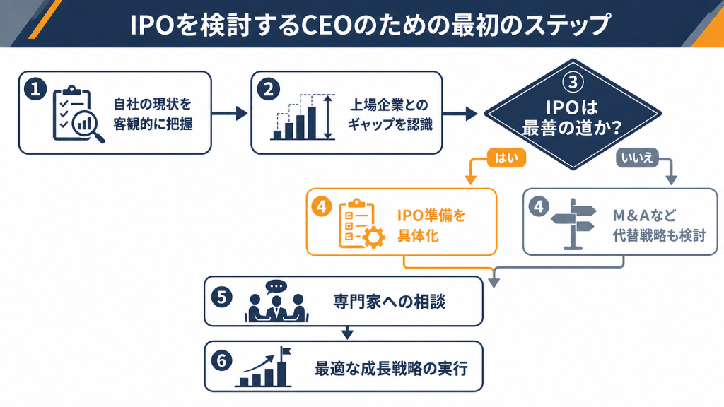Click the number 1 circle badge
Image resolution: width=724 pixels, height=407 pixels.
(x=35, y=88)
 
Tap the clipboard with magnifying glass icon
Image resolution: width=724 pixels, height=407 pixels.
(x=78, y=114)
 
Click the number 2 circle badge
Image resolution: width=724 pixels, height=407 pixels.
(x=268, y=89)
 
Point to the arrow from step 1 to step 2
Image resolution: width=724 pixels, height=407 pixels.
(x=230, y=113)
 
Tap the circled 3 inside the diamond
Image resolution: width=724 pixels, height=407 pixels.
(x=573, y=82)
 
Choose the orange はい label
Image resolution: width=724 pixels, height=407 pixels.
(x=506, y=158)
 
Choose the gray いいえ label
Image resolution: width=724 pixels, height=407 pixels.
(x=637, y=158)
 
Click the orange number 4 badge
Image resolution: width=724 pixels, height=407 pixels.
(x=322, y=206)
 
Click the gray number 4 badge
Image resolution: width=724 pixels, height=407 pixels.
(x=538, y=206)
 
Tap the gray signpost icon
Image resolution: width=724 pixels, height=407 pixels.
(x=573, y=224)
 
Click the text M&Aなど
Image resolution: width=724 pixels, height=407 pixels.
(x=644, y=216)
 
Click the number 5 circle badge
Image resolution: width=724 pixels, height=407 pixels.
(x=221, y=297)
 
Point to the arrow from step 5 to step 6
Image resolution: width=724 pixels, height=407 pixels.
(x=347, y=333)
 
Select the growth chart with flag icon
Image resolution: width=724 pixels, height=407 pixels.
(x=264, y=367)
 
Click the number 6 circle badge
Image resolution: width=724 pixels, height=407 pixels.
(x=221, y=361)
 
